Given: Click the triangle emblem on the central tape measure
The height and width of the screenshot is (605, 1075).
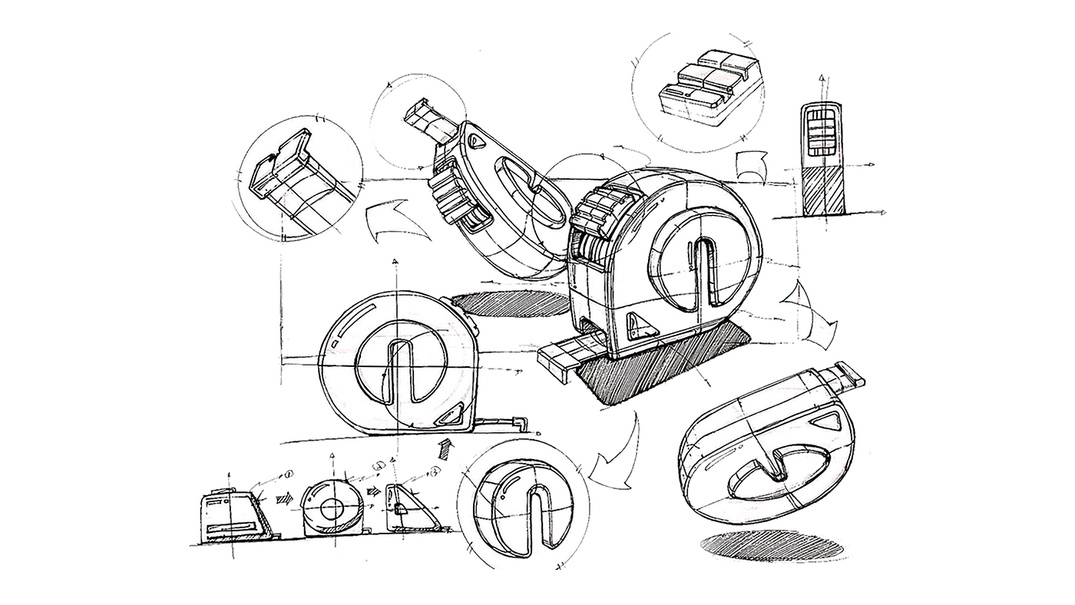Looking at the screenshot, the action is [x=640, y=328].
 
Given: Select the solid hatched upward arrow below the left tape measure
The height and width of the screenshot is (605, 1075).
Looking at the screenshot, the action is [x=444, y=447].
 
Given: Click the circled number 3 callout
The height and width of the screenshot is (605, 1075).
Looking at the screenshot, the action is [x=433, y=471].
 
